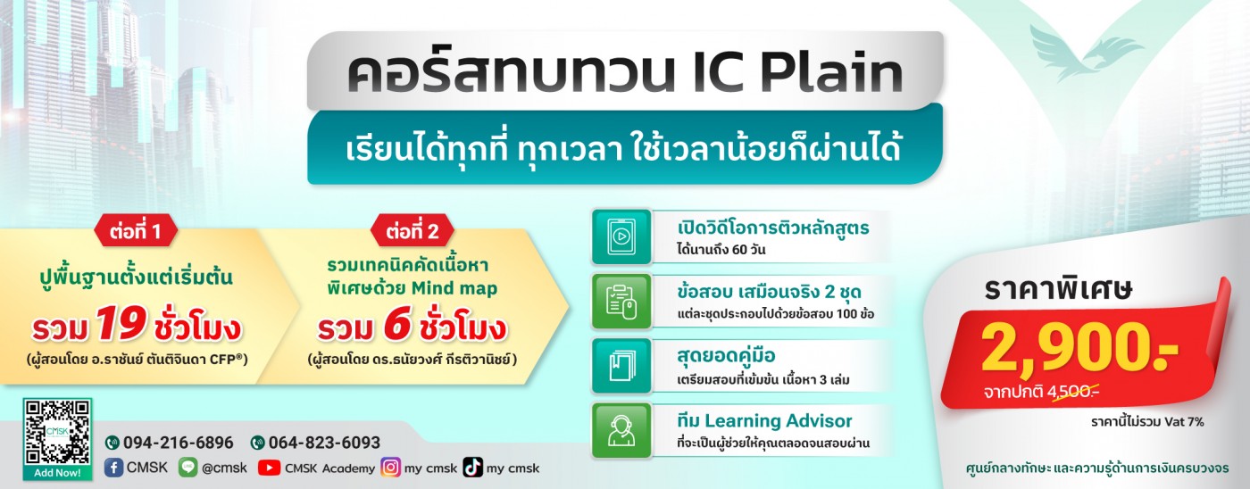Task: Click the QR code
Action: pos(57,432)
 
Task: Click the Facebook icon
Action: pos(113,468)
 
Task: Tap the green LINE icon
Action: pos(188,468)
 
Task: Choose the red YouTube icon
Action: pos(269,468)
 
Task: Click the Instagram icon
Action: pos(391,468)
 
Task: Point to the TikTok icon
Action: pos(472,468)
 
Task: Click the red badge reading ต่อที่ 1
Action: pos(136,230)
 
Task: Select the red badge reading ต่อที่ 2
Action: pos(412,230)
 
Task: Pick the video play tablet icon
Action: pos(621,236)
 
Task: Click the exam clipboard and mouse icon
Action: pos(621,301)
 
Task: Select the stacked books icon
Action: pos(621,366)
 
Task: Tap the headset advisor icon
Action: pos(621,430)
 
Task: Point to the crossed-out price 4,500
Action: pos(1073,392)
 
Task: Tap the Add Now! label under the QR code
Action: pos(57,473)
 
